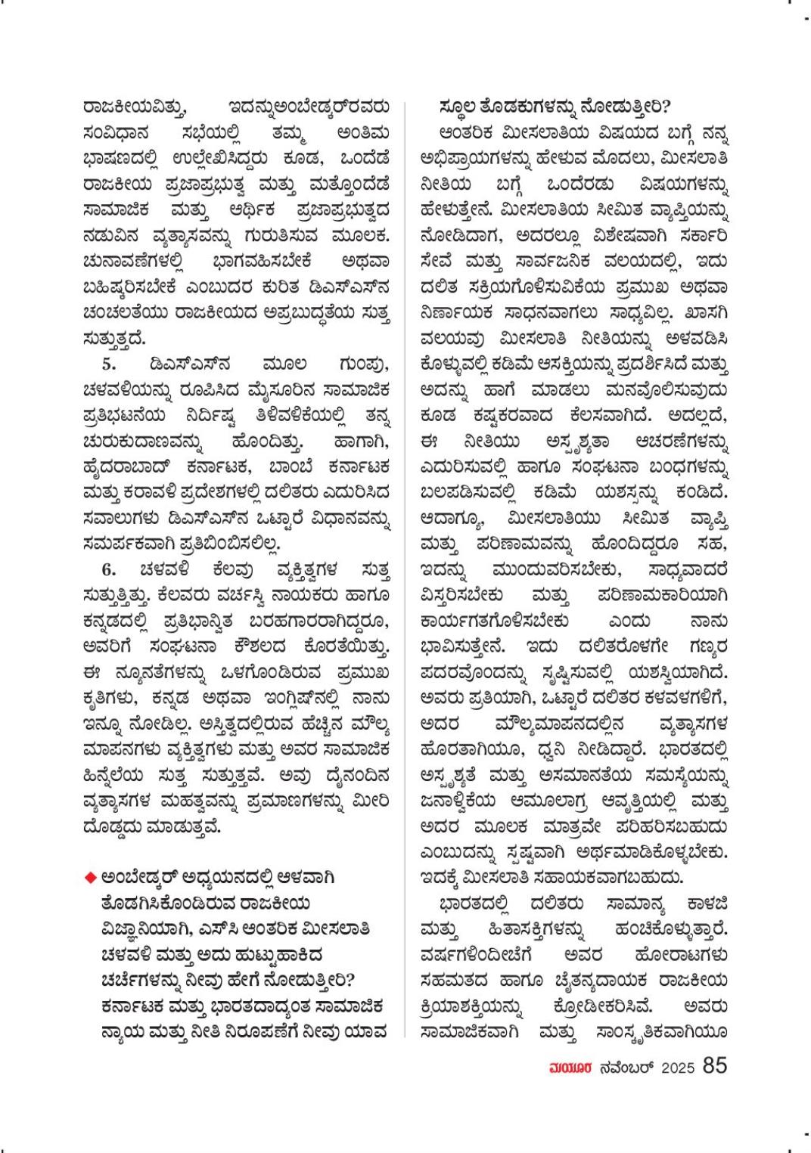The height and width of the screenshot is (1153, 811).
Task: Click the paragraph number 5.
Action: point(109,364)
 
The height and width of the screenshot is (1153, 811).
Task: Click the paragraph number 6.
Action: point(109,569)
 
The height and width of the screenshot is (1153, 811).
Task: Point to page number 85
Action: point(715,1065)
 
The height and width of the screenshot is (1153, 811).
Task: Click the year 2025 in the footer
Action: point(679,1068)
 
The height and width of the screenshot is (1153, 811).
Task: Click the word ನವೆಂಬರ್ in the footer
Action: point(624,1068)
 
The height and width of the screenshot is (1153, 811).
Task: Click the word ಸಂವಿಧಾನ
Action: point(113,134)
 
